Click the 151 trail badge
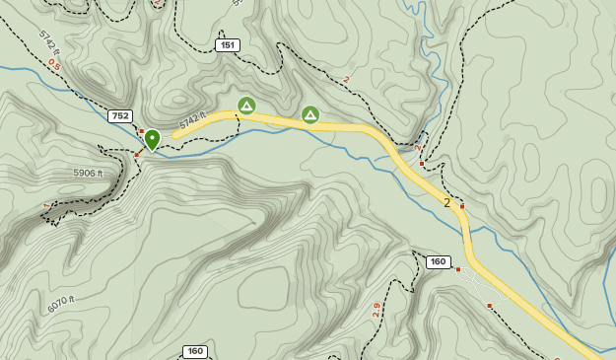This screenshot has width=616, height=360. pos(228,45)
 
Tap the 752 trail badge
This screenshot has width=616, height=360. pos(120,116)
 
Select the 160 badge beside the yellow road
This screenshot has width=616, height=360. pos(439,261)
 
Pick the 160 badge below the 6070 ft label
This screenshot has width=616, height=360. pos(195,351)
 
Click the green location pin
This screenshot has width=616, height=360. pos(152,139)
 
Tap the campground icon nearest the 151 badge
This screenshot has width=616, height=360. pos(246,105)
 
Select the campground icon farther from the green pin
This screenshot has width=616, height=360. pos(310,114)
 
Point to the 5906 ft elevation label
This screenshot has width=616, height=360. pos(88,173)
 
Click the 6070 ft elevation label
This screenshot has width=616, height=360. pos(60,305)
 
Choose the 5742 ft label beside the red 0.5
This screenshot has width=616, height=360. pos(49,42)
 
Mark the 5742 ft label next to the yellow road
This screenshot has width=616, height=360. pos(192,122)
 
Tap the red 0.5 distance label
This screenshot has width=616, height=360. pos(54,65)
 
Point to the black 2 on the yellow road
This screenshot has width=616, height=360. pos(446,202)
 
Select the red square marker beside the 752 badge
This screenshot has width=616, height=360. pos(141,131)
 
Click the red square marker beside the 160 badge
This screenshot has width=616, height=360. pos(458,268)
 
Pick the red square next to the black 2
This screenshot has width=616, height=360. pos(461,207)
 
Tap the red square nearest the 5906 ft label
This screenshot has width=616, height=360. pos(137,154)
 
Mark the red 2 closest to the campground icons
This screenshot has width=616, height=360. pos(347,80)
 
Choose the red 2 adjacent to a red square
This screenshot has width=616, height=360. pos(419,149)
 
